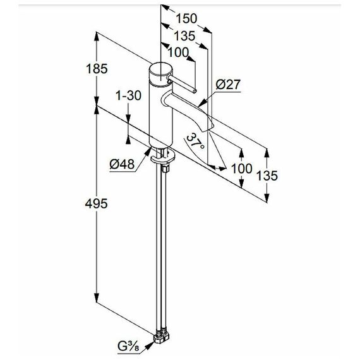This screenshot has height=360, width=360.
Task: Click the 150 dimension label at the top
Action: (186, 18)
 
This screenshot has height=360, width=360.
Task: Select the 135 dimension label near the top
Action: (184, 36)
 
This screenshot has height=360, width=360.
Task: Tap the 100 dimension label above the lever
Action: (178, 52)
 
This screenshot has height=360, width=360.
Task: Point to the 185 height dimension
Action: (97, 69)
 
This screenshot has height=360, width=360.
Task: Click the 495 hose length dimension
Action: (96, 203)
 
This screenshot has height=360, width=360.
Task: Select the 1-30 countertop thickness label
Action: (128, 95)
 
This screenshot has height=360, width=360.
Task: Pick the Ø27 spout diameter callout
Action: (228, 85)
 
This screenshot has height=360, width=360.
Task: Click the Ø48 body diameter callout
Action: (122, 164)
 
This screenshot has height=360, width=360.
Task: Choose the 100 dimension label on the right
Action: (241, 169)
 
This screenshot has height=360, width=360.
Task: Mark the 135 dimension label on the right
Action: (267, 176)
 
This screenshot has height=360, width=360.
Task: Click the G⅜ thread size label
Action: (129, 347)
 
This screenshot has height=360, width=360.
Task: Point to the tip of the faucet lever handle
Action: (195, 91)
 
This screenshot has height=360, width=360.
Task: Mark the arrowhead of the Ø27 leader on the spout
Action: (203, 103)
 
